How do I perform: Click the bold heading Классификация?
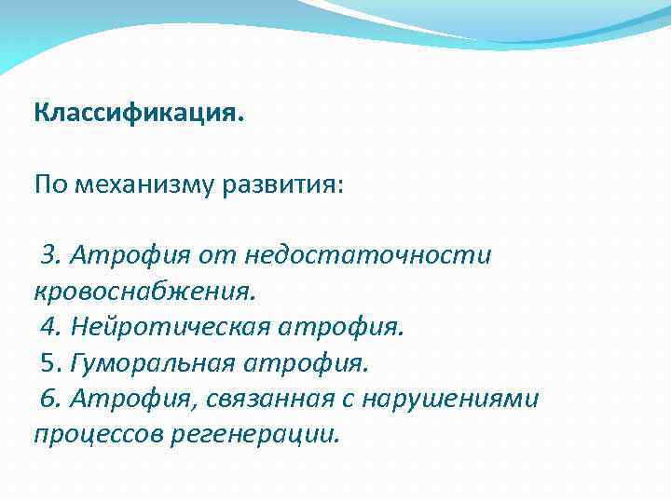139,115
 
